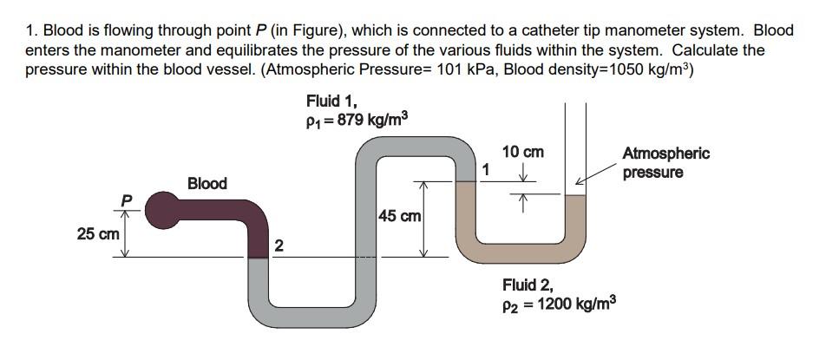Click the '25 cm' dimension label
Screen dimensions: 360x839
point(97,234)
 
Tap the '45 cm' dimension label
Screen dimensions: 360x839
point(400,215)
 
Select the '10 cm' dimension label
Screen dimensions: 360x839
point(522,152)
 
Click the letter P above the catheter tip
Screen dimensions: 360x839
point(127,201)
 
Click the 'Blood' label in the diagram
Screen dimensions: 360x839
point(207,183)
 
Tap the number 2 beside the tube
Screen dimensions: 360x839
point(278,246)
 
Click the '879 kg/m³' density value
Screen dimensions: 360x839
point(368,121)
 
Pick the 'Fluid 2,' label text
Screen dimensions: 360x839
point(528,284)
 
